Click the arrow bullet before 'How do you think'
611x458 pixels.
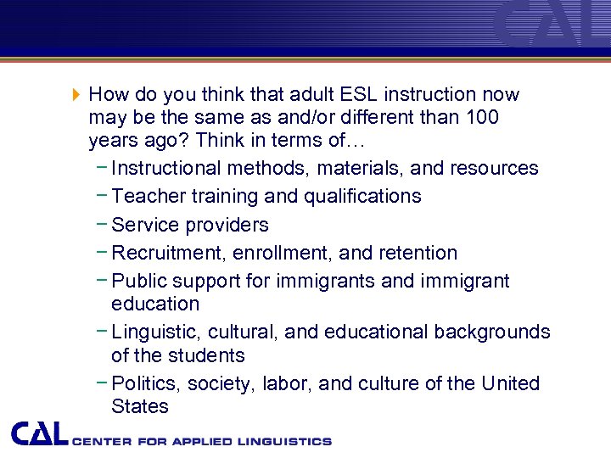pos(76,94)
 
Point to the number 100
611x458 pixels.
pos(480,117)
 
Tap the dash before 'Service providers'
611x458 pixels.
pos(101,224)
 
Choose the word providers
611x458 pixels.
pos(227,225)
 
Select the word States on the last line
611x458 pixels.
pos(140,406)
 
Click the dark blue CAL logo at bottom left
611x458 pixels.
pos(40,433)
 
